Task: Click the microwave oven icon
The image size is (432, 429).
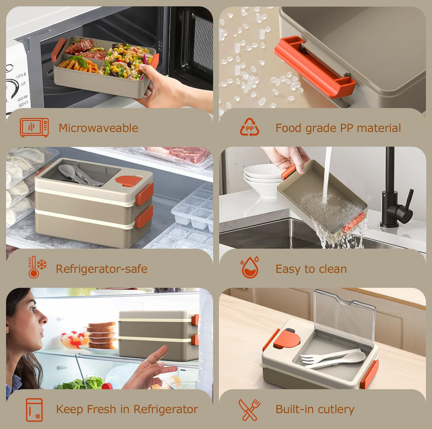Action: (x=34, y=127)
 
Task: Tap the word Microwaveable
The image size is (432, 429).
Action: (x=98, y=128)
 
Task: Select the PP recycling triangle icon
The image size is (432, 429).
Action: (x=249, y=127)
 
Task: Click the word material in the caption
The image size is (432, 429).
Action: (x=379, y=128)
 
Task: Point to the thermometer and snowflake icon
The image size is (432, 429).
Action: (x=37, y=267)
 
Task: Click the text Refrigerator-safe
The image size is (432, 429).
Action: (x=102, y=269)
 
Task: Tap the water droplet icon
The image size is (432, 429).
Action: (x=250, y=267)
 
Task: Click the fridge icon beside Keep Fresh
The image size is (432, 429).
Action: (x=34, y=410)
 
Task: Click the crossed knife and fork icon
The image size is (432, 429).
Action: (x=249, y=410)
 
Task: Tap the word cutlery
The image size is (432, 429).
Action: (x=336, y=409)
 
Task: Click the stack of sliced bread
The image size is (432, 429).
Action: (x=103, y=335)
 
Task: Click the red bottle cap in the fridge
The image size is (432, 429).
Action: (x=107, y=386)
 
